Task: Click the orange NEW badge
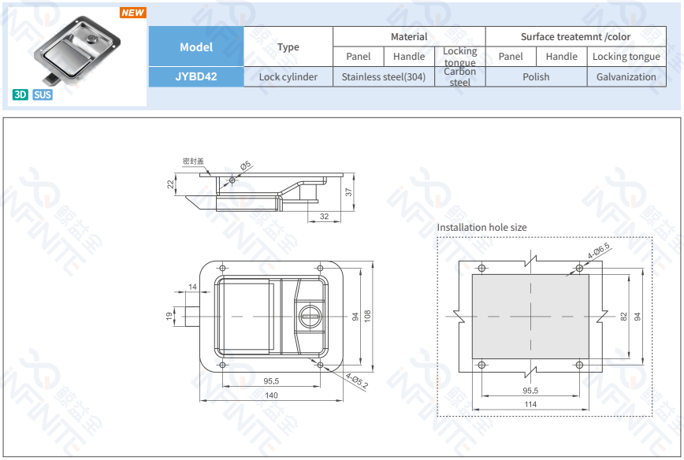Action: click(x=132, y=13)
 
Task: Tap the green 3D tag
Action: click(x=20, y=95)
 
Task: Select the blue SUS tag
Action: click(x=43, y=95)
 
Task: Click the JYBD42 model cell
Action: click(x=196, y=76)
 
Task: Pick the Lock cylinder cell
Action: click(x=288, y=76)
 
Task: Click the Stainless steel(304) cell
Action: click(x=384, y=76)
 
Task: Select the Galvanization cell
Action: click(x=626, y=76)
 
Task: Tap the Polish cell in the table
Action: click(x=536, y=76)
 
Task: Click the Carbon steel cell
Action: click(x=459, y=76)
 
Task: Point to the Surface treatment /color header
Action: click(x=575, y=37)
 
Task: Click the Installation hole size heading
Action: click(x=481, y=228)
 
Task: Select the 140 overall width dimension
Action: click(x=271, y=395)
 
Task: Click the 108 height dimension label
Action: click(x=366, y=315)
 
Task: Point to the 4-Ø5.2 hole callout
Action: click(x=356, y=382)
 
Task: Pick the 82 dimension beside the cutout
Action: click(x=624, y=316)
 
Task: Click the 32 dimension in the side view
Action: click(x=325, y=216)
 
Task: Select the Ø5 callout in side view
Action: click(x=246, y=166)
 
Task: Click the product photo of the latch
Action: click(x=77, y=54)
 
